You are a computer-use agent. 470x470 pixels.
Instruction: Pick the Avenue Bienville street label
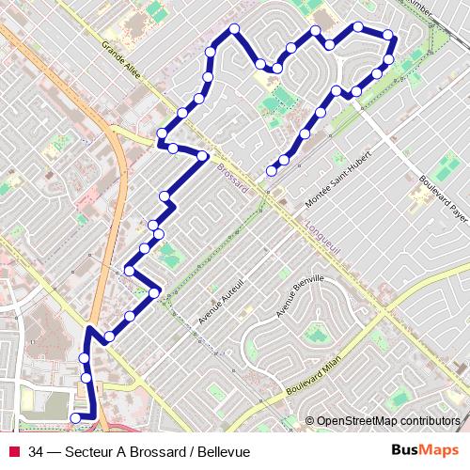(300, 296)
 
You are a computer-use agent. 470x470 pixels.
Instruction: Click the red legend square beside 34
(13, 452)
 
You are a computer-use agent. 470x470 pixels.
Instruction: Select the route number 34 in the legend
(37, 452)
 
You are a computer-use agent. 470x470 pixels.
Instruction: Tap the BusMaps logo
(425, 450)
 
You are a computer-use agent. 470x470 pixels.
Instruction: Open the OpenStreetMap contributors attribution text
(388, 421)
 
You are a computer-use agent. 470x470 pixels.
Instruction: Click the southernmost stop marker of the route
(76, 417)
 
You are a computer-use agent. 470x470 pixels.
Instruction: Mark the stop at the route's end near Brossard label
(271, 171)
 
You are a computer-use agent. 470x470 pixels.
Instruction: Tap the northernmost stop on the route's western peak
(234, 27)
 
